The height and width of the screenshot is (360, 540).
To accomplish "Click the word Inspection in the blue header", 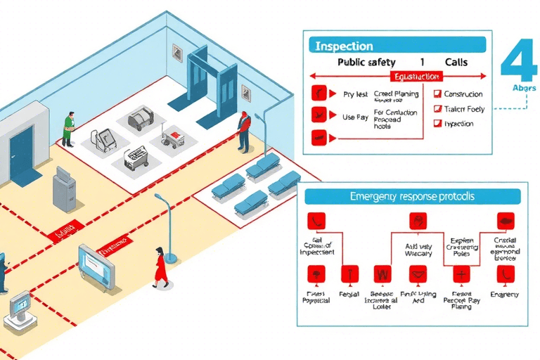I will pos(344,46).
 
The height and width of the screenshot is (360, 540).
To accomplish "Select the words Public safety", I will pos(366,62).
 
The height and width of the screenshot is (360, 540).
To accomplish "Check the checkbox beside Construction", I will pos(437,94).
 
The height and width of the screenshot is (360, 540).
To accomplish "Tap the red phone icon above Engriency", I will pos(506,274).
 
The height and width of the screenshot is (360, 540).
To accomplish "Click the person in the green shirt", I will pos(68,127).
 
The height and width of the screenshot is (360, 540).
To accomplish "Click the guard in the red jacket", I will pos(243,131).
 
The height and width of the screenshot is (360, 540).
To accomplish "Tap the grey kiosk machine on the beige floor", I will pos(64,189).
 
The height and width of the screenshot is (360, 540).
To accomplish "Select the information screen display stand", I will pos(96,266).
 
